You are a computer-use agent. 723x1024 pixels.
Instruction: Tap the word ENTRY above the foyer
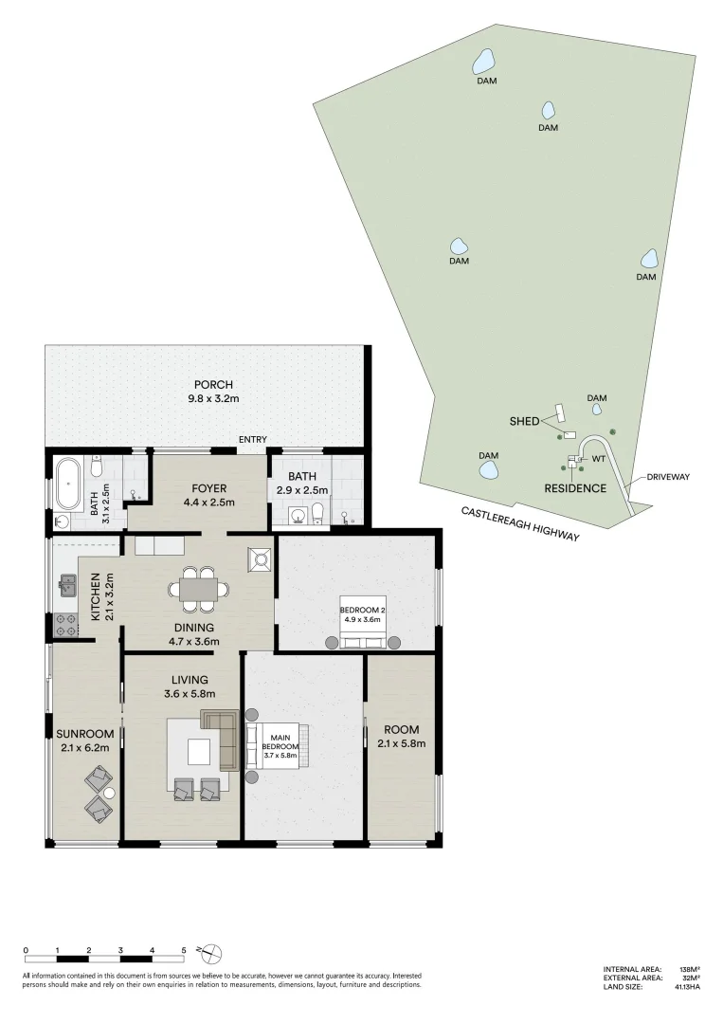click(253, 439)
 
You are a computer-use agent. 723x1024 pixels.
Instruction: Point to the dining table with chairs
click(199, 590)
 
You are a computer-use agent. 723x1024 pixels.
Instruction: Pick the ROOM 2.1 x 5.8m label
click(401, 737)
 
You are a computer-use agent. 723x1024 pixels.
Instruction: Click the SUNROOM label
click(84, 741)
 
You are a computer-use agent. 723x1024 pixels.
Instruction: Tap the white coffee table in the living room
click(199, 751)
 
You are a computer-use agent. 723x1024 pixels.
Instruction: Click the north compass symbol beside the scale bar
click(211, 951)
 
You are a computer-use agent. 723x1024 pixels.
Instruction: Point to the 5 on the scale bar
click(184, 949)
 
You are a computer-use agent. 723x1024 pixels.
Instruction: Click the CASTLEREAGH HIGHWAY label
click(520, 523)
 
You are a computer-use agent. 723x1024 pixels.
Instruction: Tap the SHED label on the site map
click(524, 421)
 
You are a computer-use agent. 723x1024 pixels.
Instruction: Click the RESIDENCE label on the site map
click(574, 488)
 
